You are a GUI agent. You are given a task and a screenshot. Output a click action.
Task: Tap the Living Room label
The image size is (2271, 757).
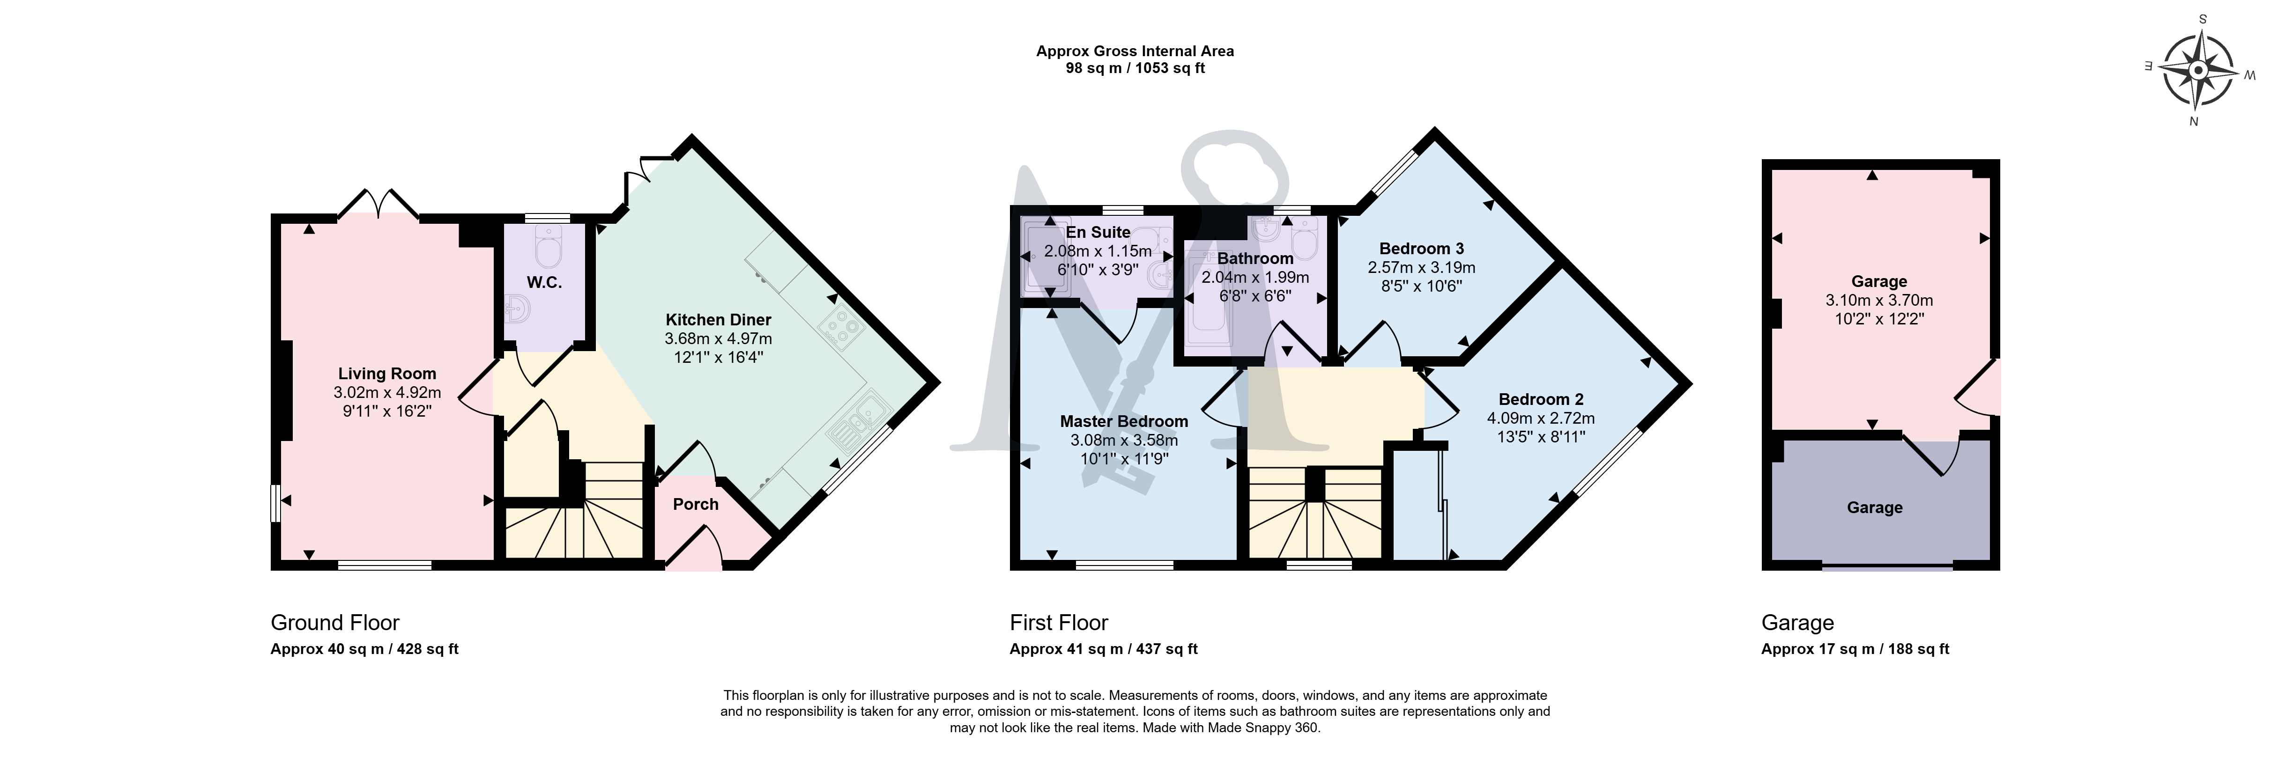click(x=387, y=374)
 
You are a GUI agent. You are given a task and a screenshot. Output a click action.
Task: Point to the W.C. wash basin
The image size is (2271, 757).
click(x=518, y=309)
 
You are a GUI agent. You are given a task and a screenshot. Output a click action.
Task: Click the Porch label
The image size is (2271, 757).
click(x=696, y=504)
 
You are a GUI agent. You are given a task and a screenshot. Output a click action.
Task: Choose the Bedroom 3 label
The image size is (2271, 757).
click(x=1421, y=249)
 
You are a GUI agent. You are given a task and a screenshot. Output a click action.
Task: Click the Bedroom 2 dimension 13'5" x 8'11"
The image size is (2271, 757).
click(x=1541, y=436)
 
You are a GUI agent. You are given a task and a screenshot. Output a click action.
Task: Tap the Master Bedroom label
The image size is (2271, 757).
click(x=1124, y=421)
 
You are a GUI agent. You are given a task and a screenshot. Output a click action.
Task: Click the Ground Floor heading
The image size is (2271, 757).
click(x=335, y=623)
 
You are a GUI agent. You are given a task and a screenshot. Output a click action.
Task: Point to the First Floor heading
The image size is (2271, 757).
click(x=1059, y=623)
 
